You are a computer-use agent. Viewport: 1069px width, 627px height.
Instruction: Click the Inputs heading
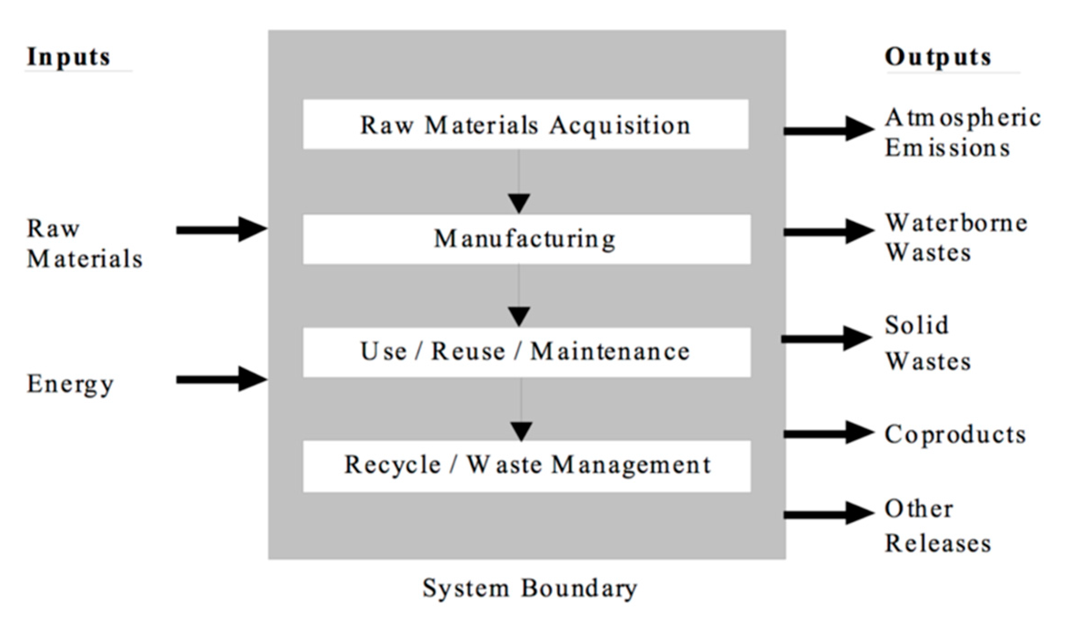coord(68,57)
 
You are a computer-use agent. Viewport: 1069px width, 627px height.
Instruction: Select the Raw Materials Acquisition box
coord(525,125)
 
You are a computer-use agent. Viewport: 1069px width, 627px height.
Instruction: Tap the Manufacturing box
coord(526,239)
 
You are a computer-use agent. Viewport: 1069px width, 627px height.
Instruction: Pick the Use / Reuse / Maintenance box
coord(526,352)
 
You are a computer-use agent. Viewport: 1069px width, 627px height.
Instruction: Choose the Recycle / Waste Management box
coord(526,466)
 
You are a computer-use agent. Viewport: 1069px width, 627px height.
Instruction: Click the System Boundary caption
coord(530,588)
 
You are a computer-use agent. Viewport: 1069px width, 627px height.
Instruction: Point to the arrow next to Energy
coord(221,379)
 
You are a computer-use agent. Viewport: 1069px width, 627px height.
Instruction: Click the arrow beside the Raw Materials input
coord(221,230)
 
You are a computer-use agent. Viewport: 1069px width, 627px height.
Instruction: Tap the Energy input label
coord(70,384)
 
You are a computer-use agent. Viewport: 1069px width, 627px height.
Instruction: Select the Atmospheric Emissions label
coord(962,133)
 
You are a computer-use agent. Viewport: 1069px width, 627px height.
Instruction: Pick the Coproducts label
coord(955,434)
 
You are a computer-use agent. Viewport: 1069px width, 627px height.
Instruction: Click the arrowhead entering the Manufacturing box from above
coord(519,203)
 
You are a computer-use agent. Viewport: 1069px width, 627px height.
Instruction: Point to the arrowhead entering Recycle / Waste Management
coord(521,431)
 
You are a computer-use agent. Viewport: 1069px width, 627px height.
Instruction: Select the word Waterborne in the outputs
coord(956,223)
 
